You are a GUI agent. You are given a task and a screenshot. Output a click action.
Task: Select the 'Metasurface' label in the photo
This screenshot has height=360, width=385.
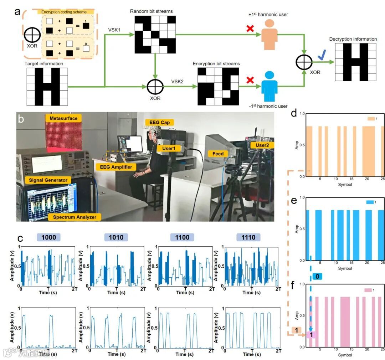[63, 118]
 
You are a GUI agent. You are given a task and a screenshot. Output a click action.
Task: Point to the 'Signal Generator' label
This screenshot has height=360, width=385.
[48, 180]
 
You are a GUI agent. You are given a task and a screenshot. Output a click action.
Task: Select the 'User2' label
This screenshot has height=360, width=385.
[259, 145]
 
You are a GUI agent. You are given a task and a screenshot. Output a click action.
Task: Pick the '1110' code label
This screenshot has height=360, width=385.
[248, 237]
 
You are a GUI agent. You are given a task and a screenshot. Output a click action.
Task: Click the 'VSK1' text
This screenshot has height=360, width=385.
[114, 30]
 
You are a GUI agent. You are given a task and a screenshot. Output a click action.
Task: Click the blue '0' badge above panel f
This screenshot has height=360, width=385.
[317, 276]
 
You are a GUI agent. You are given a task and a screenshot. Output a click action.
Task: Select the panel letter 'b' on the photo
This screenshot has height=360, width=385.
[21, 119]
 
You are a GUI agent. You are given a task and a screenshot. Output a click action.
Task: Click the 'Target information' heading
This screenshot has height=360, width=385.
[44, 63]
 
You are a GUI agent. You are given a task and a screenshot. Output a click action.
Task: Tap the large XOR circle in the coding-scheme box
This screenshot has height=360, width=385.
[32, 37]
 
